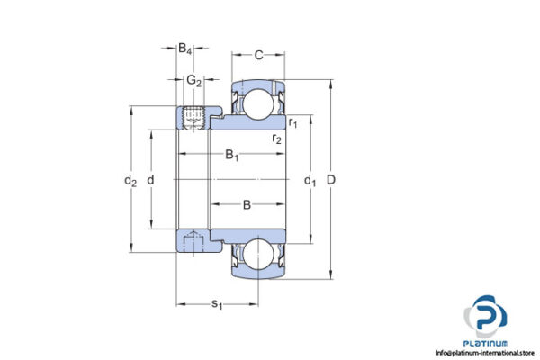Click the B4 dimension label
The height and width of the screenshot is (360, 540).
tap(184, 48)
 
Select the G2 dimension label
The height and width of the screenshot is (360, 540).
tap(193, 81)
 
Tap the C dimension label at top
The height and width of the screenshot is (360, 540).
tap(258, 56)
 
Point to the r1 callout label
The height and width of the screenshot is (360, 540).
tap(293, 121)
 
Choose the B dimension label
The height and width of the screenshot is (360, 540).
tap(247, 206)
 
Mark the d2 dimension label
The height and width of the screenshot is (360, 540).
tap(130, 182)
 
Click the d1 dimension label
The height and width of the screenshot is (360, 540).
tap(310, 182)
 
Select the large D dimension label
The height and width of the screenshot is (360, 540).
tap(331, 182)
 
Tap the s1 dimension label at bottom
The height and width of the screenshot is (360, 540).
tap(217, 304)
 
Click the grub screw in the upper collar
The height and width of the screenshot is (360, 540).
tap(193, 118)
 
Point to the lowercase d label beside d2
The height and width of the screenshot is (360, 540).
tap(150, 182)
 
